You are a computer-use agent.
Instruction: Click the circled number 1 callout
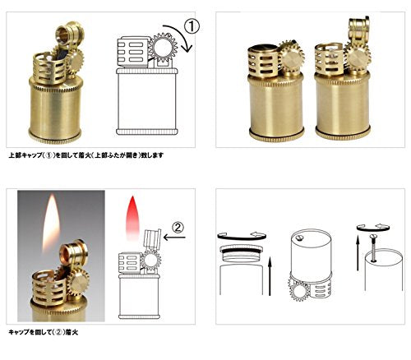(x=192, y=26)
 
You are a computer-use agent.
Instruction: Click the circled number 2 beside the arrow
(x=178, y=227)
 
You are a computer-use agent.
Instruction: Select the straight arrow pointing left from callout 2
(x=174, y=238)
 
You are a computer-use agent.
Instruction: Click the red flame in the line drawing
(x=132, y=218)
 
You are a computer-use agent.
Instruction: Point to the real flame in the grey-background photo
(x=51, y=222)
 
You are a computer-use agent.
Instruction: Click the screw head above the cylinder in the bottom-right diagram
(x=372, y=236)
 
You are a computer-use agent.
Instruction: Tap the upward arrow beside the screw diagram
(x=358, y=254)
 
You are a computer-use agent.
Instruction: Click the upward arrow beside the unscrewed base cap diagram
(x=270, y=276)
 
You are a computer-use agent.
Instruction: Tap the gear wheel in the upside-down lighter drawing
(x=298, y=291)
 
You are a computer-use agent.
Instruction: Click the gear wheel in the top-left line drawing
(x=163, y=47)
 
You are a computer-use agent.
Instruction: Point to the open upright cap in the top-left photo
(x=70, y=32)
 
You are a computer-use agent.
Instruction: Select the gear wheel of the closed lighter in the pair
(x=291, y=55)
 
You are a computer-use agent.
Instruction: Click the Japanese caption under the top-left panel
(x=86, y=155)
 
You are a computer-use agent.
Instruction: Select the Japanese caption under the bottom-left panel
(x=44, y=332)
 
